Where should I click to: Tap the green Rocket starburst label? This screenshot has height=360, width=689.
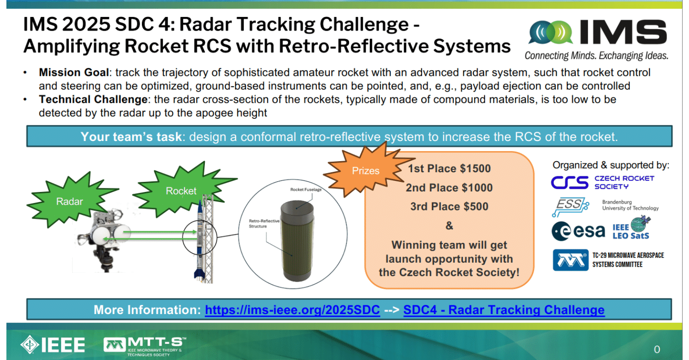coord(181,191)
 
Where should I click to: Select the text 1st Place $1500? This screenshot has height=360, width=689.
coord(449,169)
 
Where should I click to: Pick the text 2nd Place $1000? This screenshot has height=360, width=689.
coord(449,188)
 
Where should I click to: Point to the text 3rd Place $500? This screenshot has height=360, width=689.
coord(449,207)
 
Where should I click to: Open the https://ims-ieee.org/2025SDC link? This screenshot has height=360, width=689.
coord(292,310)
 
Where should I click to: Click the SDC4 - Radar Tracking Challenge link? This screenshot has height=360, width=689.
coord(503,310)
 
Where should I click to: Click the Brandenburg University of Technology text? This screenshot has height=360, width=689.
coord(630,205)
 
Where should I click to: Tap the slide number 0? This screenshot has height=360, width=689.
coord(657,348)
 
